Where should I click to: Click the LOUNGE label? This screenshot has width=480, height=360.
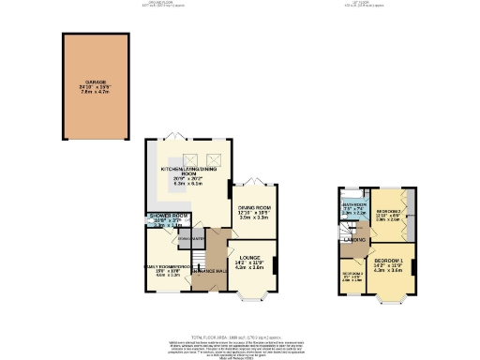[x=249, y=258]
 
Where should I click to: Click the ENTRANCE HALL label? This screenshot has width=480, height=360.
[x=207, y=271]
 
